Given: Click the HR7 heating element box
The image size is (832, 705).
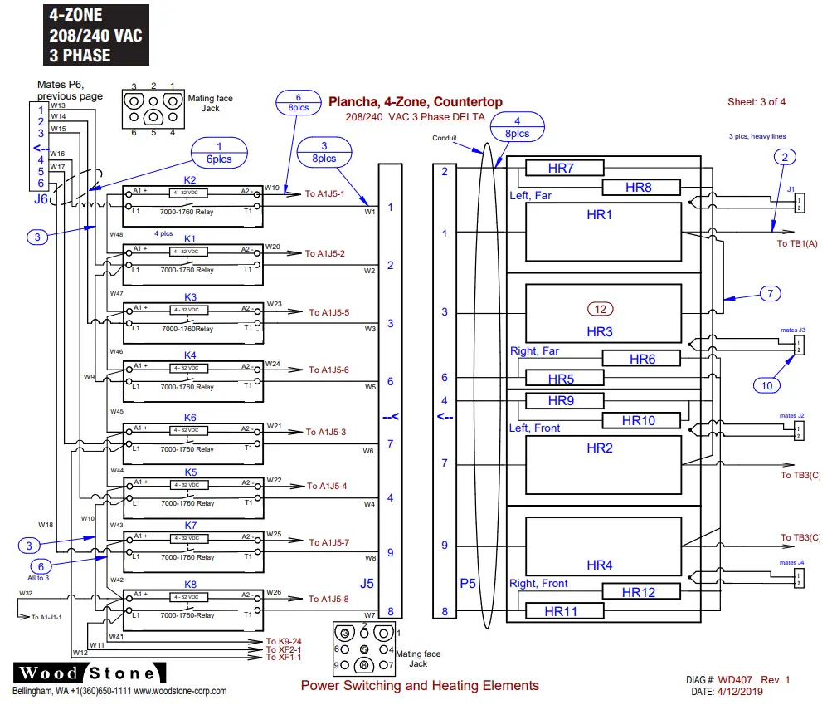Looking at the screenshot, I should tap(561, 169).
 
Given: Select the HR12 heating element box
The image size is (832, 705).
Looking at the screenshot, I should tap(639, 592).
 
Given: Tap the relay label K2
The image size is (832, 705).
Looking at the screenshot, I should tap(190, 180).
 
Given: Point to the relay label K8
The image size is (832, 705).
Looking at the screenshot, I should tap(190, 585).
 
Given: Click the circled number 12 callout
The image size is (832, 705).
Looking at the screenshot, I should tap(601, 309).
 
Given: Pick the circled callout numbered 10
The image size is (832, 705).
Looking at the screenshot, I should tap(767, 384).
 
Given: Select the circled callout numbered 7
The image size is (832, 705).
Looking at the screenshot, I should tap(770, 293).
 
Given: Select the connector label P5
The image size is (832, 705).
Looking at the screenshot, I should tap(468, 583).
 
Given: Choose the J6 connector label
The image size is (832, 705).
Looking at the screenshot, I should tap(41, 199).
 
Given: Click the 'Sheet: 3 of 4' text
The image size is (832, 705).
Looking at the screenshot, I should tap(756, 102).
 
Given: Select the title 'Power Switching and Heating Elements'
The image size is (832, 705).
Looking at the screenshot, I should tap(420, 686).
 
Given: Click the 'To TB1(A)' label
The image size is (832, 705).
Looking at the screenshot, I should tap(797, 244).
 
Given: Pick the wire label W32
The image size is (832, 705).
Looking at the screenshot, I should tap(26, 594).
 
